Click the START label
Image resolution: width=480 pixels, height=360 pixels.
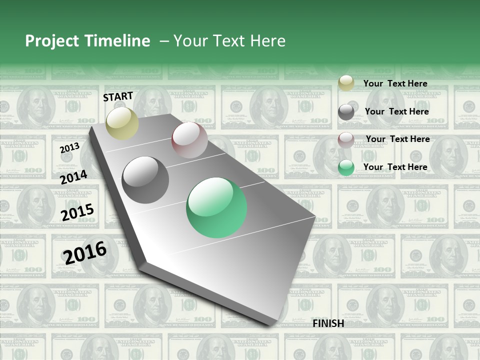[x=118, y=96]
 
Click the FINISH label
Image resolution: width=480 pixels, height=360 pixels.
[x=328, y=323]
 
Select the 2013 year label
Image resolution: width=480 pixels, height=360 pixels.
[x=69, y=148]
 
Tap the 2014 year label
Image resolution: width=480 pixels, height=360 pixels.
[x=73, y=177]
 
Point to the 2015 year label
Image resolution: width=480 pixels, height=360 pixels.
[x=77, y=212]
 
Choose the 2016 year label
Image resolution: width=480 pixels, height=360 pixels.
[x=85, y=252]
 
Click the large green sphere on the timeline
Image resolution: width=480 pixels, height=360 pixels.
[x=216, y=207]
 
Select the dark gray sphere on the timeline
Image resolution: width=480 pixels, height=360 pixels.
[x=145, y=180]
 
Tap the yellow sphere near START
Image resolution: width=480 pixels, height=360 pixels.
[x=122, y=123]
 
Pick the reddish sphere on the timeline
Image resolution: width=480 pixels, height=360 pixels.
[x=189, y=140]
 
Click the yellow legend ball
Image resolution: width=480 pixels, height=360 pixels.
[x=346, y=83]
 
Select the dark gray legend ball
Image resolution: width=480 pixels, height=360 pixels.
[x=346, y=112]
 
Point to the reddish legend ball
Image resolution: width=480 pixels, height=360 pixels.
[x=346, y=140]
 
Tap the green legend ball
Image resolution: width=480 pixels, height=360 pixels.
[x=346, y=168]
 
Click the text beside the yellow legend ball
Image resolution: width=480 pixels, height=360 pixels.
[x=395, y=83]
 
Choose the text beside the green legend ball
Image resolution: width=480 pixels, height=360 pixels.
[x=395, y=167]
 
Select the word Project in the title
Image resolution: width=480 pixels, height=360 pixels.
[x=51, y=41]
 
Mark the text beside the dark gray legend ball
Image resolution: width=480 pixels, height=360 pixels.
[x=396, y=111]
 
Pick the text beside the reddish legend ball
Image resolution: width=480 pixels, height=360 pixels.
[x=397, y=139]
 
